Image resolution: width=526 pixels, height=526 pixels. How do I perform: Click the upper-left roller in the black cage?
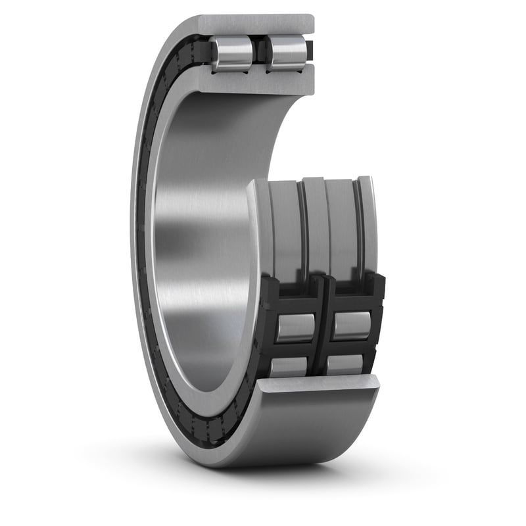[295, 327]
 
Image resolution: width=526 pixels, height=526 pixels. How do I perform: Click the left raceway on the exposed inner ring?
[285, 227]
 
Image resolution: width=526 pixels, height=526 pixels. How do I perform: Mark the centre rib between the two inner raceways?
[314, 224]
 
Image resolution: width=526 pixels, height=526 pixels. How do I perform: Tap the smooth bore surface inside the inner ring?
[197, 217]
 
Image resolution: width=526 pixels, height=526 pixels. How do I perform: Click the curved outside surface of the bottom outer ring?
[309, 427]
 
